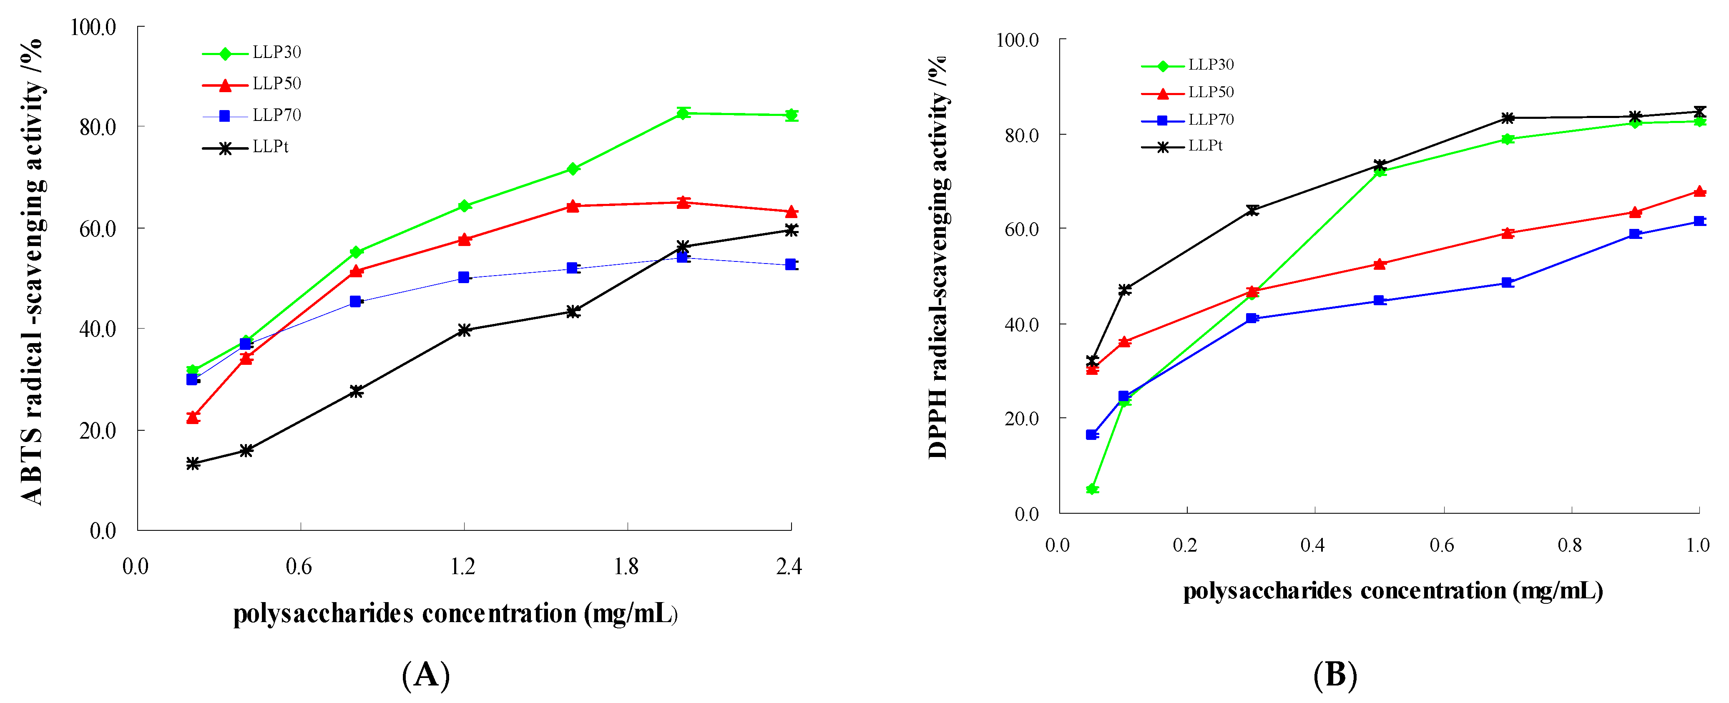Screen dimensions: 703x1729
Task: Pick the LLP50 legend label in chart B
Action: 1210,92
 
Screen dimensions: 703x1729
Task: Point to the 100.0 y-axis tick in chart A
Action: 93,28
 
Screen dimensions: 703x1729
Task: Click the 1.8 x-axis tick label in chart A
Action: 626,567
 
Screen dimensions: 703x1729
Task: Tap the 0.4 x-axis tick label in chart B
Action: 1312,545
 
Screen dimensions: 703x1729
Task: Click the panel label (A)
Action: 425,674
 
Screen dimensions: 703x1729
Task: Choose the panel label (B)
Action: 1335,674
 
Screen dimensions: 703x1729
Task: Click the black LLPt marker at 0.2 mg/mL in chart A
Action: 193,464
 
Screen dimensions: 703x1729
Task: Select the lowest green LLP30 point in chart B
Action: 1092,489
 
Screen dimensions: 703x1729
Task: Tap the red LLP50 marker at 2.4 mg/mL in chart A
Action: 792,212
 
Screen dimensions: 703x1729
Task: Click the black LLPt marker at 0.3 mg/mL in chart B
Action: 1252,210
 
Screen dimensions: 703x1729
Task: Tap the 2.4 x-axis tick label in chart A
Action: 789,567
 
